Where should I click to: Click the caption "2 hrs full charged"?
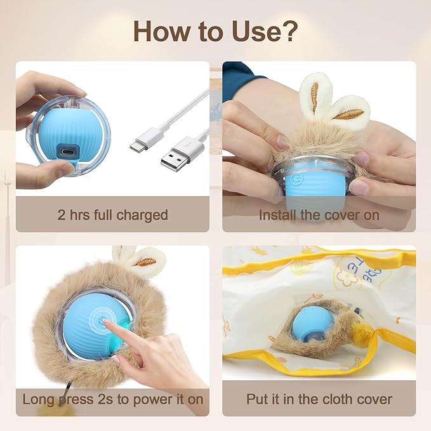pyautogui.click(x=112, y=215)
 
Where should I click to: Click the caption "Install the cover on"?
pyautogui.click(x=319, y=215)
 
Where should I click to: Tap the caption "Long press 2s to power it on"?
pyautogui.click(x=112, y=400)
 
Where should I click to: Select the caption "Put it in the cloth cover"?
pyautogui.click(x=319, y=400)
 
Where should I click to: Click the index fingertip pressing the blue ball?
pyautogui.click(x=109, y=324)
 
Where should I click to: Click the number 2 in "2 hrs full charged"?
pyautogui.click(x=62, y=215)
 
